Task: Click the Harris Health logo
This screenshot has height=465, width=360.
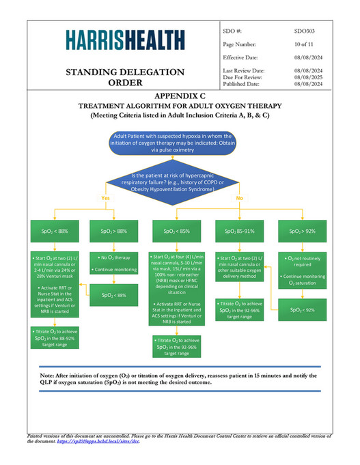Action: tap(125, 40)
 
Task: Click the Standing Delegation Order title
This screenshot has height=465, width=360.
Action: tap(124, 77)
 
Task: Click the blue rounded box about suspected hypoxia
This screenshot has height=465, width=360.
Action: tap(180, 143)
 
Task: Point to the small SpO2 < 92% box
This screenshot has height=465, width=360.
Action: tap(301, 309)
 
